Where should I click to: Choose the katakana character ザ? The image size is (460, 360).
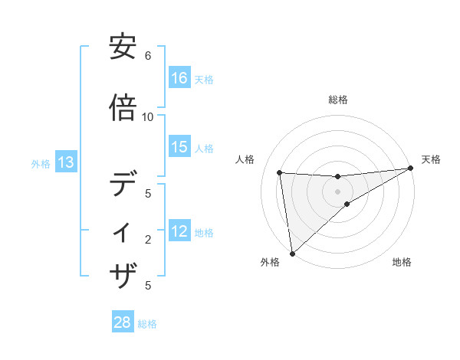pyautogui.click(x=123, y=273)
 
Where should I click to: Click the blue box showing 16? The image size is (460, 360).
pyautogui.click(x=179, y=78)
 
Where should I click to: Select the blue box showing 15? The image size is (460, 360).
pyautogui.click(x=179, y=147)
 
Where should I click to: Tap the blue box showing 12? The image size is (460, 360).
pyautogui.click(x=179, y=232)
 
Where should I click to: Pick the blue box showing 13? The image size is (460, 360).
pyautogui.click(x=65, y=162)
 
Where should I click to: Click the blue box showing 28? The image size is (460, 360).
pyautogui.click(x=123, y=322)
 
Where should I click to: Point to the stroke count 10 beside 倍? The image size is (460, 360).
pyautogui.click(x=148, y=116)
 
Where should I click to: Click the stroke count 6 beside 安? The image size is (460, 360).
pyautogui.click(x=148, y=56)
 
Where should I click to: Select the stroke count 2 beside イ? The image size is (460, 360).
pyautogui.click(x=148, y=240)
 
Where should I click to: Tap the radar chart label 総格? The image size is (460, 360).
pyautogui.click(x=338, y=100)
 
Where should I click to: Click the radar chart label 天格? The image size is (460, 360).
pyautogui.click(x=431, y=159)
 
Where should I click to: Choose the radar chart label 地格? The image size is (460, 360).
pyautogui.click(x=402, y=263)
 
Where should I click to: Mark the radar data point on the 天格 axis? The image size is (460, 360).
pyautogui.click(x=410, y=168)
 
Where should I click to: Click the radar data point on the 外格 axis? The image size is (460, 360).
pyautogui.click(x=292, y=253)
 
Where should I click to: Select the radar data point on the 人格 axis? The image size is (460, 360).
pyautogui.click(x=280, y=172)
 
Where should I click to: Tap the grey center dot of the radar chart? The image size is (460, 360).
pyautogui.click(x=338, y=191)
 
